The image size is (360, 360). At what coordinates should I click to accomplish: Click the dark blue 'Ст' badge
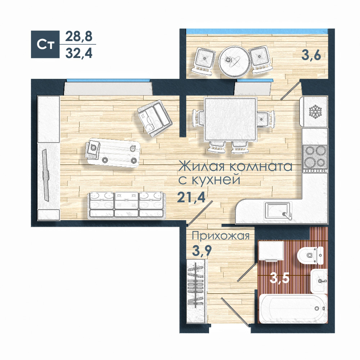pos(45,44)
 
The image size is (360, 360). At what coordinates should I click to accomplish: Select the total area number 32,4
pos(79,54)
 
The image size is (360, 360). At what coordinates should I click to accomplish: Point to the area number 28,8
pos(79,36)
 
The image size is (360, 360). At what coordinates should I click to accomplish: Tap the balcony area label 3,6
pos(311,55)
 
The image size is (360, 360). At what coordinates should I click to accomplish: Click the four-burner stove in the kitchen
pos(315,159)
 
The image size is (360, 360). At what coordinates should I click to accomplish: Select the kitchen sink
pos(277,211)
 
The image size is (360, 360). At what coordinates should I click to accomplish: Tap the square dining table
pos(230,120)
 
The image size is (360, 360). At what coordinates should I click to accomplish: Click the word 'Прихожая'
pos(220,236)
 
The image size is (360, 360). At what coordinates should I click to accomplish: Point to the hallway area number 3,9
pos(202,251)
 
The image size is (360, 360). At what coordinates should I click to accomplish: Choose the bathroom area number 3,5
pos(279,279)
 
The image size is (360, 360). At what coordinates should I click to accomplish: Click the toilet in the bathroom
pos(311,255)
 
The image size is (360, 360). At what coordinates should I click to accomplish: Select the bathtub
pos(293,309)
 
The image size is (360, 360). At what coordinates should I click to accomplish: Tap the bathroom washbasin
pos(319,281)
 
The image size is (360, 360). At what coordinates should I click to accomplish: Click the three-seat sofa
pos(126,205)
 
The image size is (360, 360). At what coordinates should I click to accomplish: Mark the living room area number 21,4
pos(191,197)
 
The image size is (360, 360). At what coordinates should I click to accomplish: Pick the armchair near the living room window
pos(155,118)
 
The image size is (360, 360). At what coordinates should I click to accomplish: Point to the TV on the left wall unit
pos(46,175)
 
